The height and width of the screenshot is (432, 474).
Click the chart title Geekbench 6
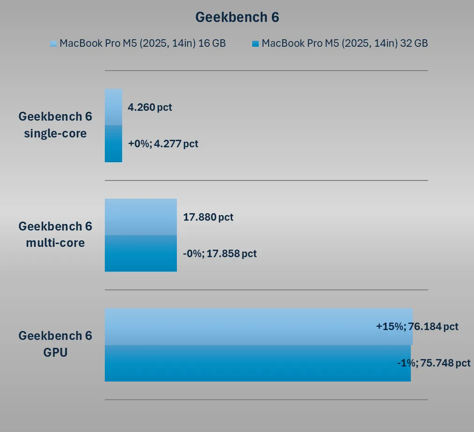[x=237, y=17]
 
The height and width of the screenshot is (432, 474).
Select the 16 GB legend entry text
[x=143, y=43]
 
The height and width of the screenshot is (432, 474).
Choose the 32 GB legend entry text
[x=344, y=43]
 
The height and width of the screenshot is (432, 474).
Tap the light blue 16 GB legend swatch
[x=53, y=44]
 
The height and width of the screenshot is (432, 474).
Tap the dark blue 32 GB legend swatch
[x=255, y=44]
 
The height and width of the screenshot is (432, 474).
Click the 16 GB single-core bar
[x=113, y=107]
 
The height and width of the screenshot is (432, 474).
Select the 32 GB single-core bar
[x=113, y=144]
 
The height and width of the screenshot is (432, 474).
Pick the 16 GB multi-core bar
[x=140, y=216]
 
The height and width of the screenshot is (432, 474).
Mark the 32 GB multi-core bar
[x=140, y=253]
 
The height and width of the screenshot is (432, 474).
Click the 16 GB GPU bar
[x=234, y=326]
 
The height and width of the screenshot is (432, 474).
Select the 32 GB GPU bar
[x=234, y=363]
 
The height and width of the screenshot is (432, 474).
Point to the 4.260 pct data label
[x=150, y=107]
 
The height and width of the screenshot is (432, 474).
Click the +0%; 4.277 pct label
[x=163, y=144]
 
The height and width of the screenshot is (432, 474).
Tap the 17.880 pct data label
[x=208, y=217]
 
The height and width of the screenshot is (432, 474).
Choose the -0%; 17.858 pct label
[x=220, y=253]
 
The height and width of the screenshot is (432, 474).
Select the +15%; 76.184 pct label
[x=417, y=326]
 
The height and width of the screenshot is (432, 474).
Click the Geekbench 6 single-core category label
[x=55, y=125]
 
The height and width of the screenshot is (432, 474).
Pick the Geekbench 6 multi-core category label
[x=55, y=234]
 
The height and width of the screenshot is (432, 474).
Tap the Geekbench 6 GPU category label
[x=55, y=344]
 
